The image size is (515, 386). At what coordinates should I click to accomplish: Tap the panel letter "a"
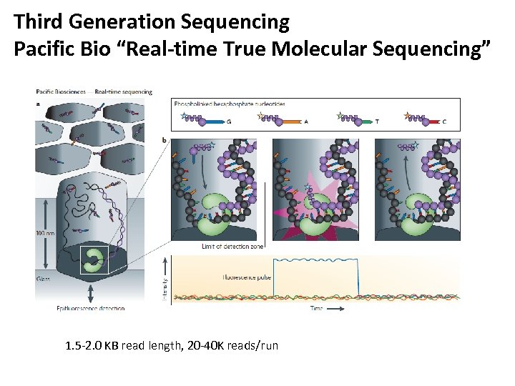point(38,103)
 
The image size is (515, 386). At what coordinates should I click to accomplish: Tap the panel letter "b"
point(165,139)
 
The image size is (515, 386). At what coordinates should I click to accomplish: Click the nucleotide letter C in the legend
point(444,122)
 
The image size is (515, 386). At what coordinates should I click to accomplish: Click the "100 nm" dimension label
point(45,232)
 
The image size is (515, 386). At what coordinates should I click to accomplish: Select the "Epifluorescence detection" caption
point(90,309)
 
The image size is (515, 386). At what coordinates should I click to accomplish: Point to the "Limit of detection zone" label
point(232,246)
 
